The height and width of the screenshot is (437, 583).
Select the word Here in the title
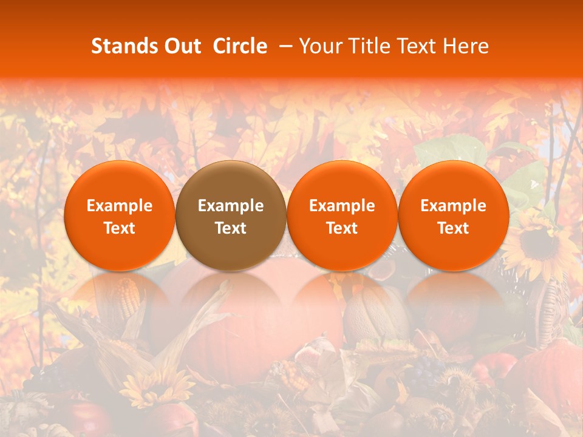click(466, 46)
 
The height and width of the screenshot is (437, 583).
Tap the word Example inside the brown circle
click(231, 206)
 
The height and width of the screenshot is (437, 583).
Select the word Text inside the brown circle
click(231, 228)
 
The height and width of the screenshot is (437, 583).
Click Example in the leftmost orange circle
click(120, 206)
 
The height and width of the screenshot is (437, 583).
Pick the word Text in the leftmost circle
click(120, 228)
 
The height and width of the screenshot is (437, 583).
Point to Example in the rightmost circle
click(453, 206)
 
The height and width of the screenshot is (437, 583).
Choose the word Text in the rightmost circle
click(453, 228)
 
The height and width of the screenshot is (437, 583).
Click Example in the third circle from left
click(342, 206)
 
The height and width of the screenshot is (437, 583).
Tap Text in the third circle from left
click(342, 228)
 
